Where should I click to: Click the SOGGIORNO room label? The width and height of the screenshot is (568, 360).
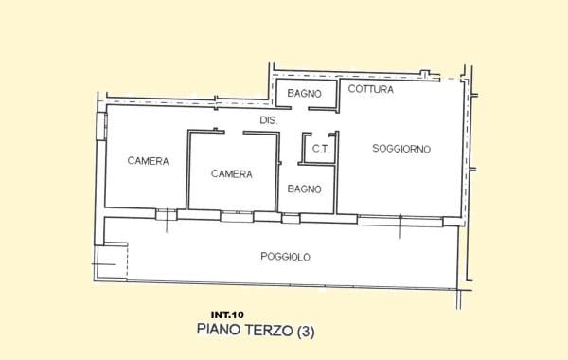(x=401, y=149)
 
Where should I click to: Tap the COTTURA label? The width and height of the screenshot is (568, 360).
(x=370, y=89)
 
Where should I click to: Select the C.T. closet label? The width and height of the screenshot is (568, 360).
(x=320, y=149)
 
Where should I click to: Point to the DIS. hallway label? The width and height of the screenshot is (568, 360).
(x=268, y=120)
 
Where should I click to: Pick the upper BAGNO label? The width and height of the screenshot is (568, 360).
(x=305, y=94)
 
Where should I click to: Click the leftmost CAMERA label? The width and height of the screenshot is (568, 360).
(x=148, y=161)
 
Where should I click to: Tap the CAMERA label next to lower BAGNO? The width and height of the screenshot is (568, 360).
(x=231, y=173)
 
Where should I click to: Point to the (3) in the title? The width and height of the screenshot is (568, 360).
(x=306, y=331)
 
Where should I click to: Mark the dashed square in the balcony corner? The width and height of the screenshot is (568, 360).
(x=111, y=261)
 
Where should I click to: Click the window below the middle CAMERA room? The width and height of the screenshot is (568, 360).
(x=236, y=216)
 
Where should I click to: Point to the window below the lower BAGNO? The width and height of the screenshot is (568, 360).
(x=291, y=218)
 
